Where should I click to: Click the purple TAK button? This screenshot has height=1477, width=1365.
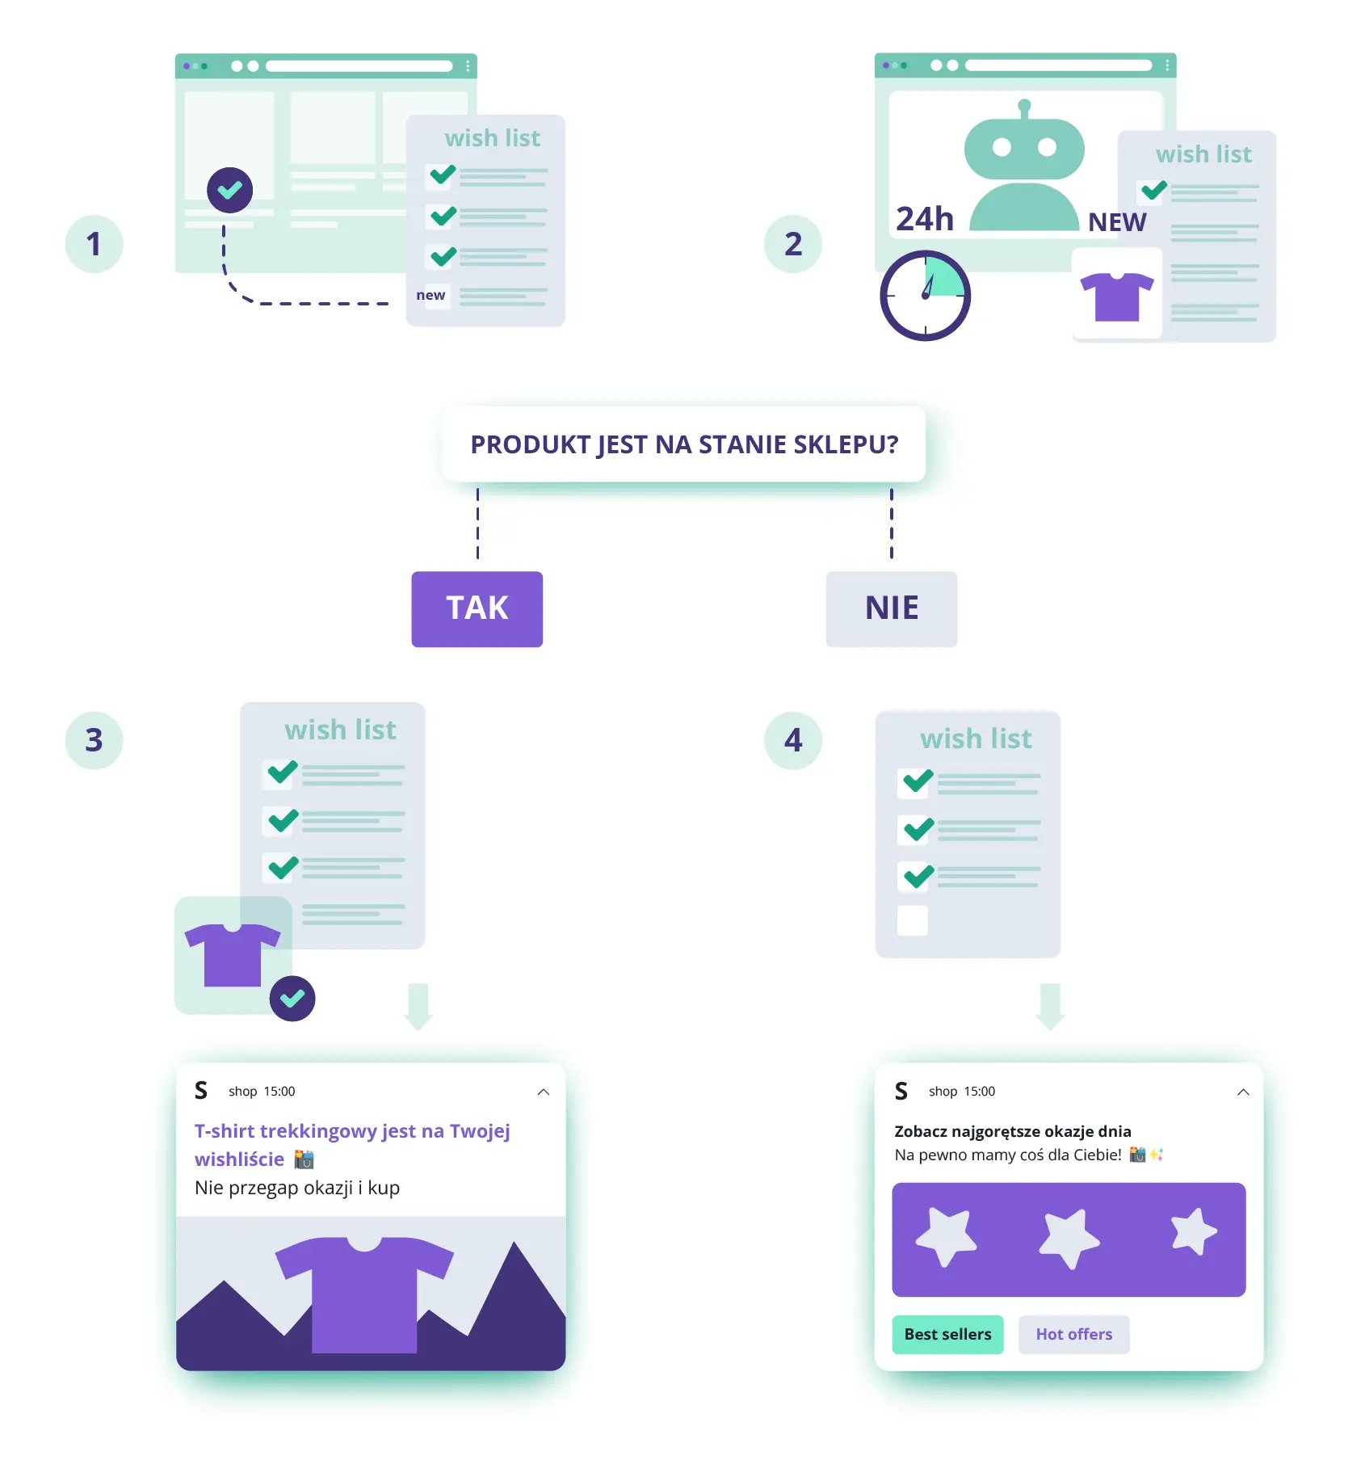point(477,608)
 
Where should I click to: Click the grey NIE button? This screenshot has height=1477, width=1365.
point(891,608)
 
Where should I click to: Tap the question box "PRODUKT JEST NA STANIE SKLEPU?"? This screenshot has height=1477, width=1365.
point(684,444)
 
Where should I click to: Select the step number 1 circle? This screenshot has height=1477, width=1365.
point(94,243)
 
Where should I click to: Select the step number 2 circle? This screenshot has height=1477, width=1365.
point(793,243)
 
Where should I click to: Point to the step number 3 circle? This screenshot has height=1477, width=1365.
point(94,740)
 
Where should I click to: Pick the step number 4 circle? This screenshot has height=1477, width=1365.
point(793,740)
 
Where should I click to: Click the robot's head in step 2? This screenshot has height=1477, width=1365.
point(1024,146)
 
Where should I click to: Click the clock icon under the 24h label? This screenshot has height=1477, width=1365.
point(925,296)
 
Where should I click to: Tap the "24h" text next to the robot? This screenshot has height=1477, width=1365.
point(925,219)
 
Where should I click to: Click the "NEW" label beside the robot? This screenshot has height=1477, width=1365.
point(1117,222)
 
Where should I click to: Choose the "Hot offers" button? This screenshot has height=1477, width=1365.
point(1073,1334)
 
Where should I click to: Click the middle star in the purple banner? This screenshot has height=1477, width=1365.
point(1069,1237)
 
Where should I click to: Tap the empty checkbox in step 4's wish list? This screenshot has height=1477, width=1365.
point(913,920)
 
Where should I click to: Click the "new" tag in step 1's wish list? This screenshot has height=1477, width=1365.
point(430,295)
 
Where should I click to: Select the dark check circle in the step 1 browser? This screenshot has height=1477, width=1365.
point(229,190)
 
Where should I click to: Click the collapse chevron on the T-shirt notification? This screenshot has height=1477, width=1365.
point(544,1092)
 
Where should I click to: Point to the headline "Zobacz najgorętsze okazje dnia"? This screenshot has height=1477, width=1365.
point(1013,1131)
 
